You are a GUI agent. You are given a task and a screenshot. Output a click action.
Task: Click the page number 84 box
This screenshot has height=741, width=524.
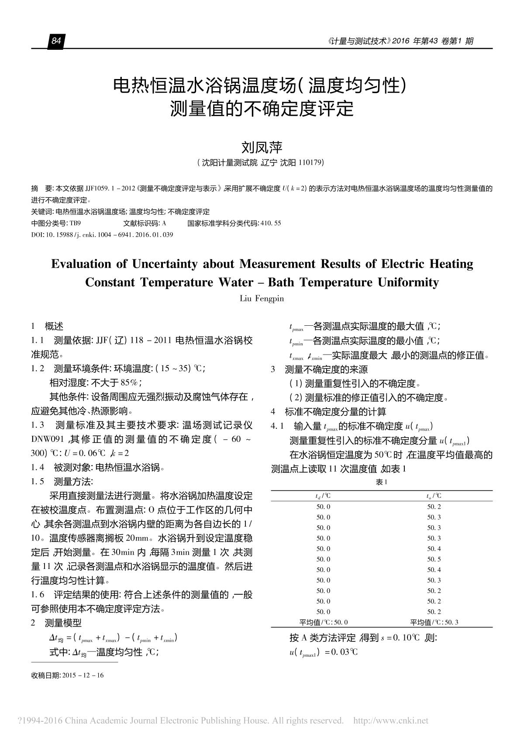click(x=56, y=41)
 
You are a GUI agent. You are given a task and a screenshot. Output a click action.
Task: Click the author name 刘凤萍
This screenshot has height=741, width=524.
click(x=262, y=147)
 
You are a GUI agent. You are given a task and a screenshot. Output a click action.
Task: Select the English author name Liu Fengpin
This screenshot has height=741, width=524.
click(x=262, y=299)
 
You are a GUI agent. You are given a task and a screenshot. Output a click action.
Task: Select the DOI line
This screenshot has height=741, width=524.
click(x=102, y=235)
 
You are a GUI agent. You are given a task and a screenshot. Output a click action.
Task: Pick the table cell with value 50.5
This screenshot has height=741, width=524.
click(x=434, y=559)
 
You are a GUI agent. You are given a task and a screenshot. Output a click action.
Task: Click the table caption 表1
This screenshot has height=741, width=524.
click(x=382, y=483)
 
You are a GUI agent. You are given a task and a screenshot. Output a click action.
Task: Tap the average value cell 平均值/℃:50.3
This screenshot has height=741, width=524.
click(x=434, y=622)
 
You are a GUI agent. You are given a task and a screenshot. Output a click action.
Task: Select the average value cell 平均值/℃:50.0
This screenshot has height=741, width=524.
click(x=323, y=622)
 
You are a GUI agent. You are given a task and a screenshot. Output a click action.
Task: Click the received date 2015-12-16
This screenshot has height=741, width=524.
click(x=83, y=676)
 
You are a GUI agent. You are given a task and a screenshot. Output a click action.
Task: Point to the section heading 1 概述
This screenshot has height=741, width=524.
click(x=48, y=326)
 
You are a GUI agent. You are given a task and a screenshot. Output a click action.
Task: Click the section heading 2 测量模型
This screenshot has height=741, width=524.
click(x=56, y=623)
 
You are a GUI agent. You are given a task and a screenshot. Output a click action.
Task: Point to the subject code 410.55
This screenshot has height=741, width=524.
click(x=271, y=224)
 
